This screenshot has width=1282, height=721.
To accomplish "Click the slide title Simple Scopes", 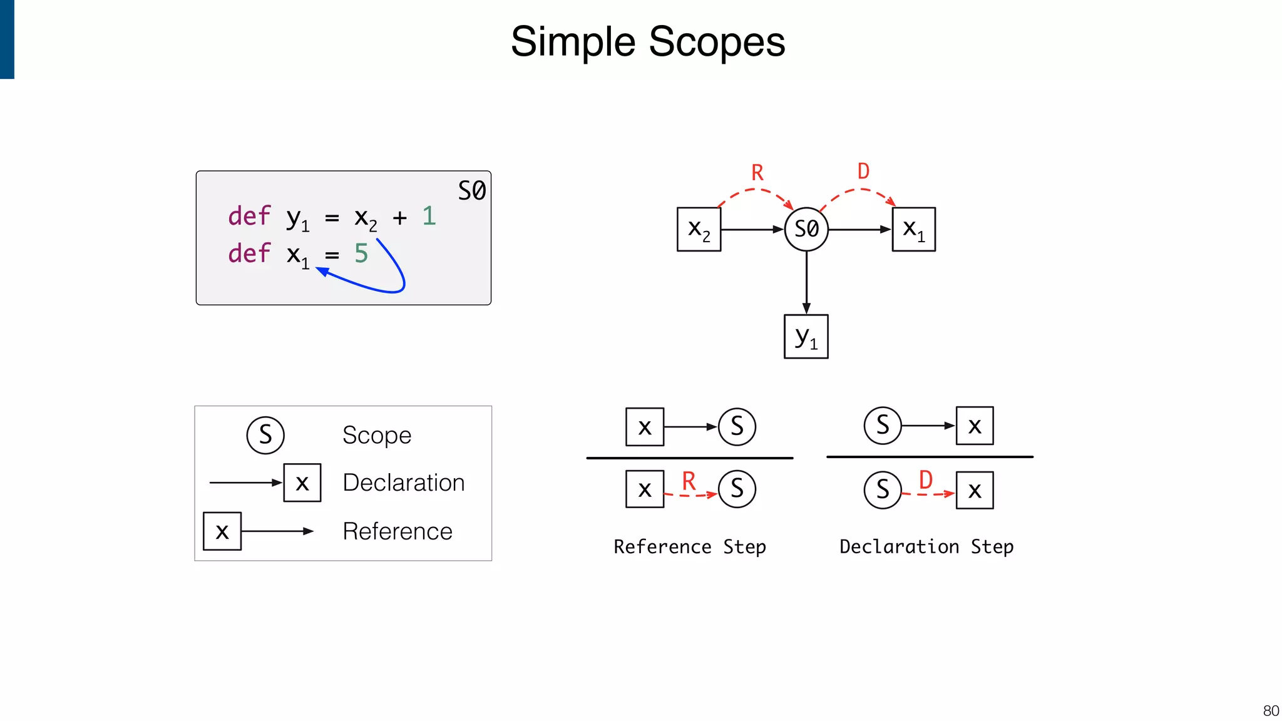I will point(647,42).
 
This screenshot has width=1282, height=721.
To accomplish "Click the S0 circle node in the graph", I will point(806,229).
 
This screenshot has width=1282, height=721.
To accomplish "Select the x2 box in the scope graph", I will point(699,230).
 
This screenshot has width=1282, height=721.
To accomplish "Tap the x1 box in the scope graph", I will point(913,230).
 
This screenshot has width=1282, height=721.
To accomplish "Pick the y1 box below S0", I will point(806,337).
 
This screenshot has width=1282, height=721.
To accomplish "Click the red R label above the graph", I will point(757,173).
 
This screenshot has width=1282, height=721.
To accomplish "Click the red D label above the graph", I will point(863,171).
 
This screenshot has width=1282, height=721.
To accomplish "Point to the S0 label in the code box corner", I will point(471,190).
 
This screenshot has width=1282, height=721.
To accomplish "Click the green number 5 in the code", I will point(361,253).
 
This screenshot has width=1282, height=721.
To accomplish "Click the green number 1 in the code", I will point(429,216).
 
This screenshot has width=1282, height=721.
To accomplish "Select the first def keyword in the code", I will point(249,216).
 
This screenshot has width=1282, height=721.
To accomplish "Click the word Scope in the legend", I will point(377,435).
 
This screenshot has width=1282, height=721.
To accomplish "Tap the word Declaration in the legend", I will point(404,483).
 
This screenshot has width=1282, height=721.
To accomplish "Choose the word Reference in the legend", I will point(397,531).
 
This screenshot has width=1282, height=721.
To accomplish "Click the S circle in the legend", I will point(265,435).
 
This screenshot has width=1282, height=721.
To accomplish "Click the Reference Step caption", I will point(690,546).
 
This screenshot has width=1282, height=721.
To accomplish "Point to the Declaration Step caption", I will point(926,546).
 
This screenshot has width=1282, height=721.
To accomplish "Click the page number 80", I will point(1271,710).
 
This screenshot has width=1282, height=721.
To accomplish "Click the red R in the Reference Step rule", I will point(689,481).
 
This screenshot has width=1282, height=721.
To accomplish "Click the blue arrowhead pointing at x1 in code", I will point(322,271).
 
